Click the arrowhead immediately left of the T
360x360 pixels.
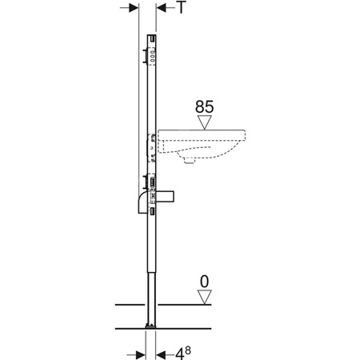click(x=160, y=7)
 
